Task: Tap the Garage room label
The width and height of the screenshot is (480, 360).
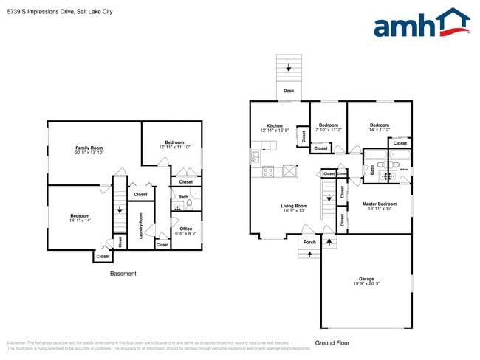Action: [366, 281]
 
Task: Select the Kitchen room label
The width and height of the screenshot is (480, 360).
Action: [274, 128]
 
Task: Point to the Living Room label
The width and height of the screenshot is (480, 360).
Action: [293, 208]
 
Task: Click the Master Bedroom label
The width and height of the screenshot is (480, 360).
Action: [379, 205]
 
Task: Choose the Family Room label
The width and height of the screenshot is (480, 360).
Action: [89, 150]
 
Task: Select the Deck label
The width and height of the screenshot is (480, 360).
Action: [288, 91]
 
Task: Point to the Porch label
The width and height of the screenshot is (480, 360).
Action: [309, 242]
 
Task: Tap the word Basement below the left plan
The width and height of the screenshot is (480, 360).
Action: [123, 274]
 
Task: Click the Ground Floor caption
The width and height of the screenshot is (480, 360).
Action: [332, 342]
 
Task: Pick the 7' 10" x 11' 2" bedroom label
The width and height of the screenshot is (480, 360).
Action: [328, 128]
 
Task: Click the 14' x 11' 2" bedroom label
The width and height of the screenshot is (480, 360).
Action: [380, 128]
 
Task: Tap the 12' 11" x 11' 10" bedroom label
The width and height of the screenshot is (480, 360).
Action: [174, 145]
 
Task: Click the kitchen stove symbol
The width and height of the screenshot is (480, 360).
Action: [269, 172]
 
